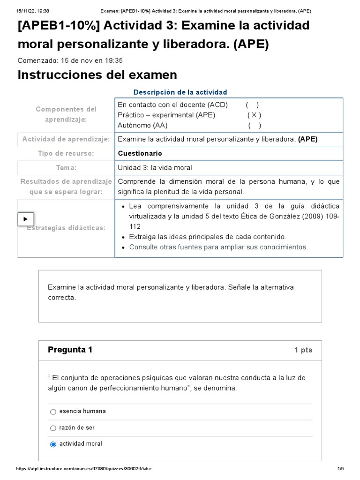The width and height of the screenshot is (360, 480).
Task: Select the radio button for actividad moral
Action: click(x=53, y=444)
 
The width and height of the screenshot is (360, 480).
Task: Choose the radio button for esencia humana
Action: click(x=53, y=412)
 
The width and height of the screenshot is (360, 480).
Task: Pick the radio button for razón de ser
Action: click(x=53, y=428)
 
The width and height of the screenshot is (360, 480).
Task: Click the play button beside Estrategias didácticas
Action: click(x=26, y=219)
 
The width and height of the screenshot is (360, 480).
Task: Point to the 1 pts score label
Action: click(x=303, y=350)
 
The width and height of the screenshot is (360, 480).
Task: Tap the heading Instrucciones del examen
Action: click(x=97, y=75)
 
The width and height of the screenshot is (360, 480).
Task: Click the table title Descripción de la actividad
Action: click(x=180, y=92)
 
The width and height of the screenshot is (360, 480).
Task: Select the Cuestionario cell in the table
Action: click(x=140, y=153)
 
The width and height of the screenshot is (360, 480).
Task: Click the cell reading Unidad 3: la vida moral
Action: click(x=155, y=168)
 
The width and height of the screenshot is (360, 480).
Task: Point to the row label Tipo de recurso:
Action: click(x=66, y=153)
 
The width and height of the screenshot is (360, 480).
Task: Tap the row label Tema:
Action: click(x=66, y=168)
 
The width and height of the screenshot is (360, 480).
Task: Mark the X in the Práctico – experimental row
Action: click(x=254, y=115)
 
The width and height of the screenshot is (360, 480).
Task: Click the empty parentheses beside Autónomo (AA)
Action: click(x=255, y=125)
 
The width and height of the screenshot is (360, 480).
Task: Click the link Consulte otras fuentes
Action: click(x=218, y=247)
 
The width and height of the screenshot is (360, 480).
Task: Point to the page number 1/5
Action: click(x=340, y=469)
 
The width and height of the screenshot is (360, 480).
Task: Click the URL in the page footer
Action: click(x=84, y=469)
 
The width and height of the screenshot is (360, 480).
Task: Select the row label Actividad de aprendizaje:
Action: click(x=66, y=139)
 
